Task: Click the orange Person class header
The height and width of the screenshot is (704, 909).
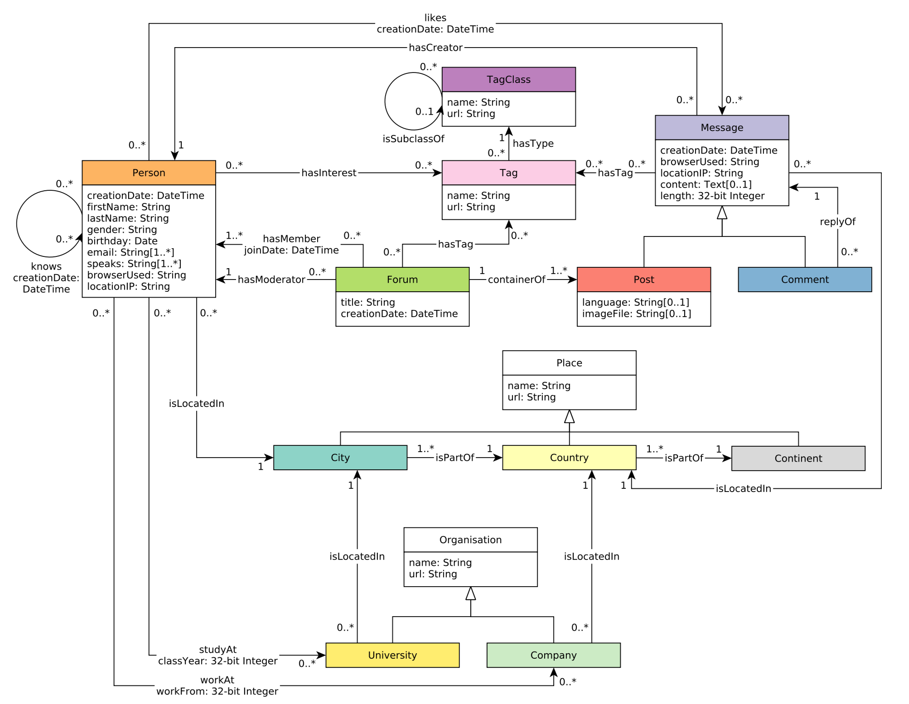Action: [149, 173]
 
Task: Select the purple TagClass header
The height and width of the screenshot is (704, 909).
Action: [508, 79]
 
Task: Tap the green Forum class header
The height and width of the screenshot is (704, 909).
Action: [402, 280]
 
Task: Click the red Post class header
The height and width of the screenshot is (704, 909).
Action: [643, 280]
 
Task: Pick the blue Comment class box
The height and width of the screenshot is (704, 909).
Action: [804, 280]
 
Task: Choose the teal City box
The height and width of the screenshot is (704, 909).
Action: [340, 458]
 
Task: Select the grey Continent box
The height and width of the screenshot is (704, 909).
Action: [798, 458]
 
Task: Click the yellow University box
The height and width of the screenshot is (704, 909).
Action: [392, 655]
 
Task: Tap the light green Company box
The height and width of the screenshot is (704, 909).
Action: [553, 655]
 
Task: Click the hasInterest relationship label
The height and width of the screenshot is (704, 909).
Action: [329, 173]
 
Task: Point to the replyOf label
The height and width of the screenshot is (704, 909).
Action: [837, 222]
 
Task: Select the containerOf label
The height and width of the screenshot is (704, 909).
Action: [516, 280]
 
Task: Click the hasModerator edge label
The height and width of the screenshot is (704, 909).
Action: [271, 280]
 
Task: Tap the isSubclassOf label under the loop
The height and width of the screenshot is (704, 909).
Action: [413, 139]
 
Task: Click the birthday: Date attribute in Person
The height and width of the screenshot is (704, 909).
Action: [122, 241]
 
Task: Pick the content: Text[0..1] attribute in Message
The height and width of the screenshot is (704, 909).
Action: [706, 184]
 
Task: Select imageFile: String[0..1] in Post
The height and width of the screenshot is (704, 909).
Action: [636, 313]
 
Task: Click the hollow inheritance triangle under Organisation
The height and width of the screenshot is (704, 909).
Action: [470, 593]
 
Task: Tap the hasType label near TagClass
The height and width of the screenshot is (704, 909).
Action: [533, 144]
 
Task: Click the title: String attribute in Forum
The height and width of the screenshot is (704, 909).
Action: [367, 302]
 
